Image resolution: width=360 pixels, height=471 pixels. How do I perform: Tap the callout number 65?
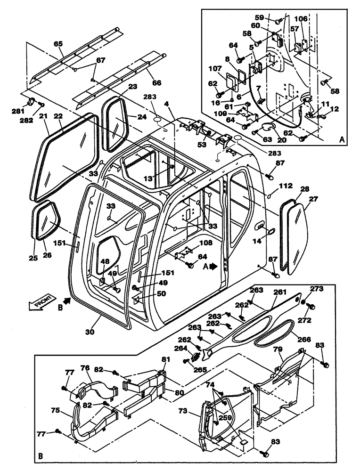pyautogui.click(x=58, y=43)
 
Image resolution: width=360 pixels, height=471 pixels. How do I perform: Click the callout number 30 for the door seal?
pyautogui.click(x=90, y=332)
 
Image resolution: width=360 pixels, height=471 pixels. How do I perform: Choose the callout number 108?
pyautogui.click(x=205, y=244)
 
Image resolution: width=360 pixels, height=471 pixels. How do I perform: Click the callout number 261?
pyautogui.click(x=280, y=292)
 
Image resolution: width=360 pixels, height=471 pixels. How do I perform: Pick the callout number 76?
pyautogui.click(x=85, y=368)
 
